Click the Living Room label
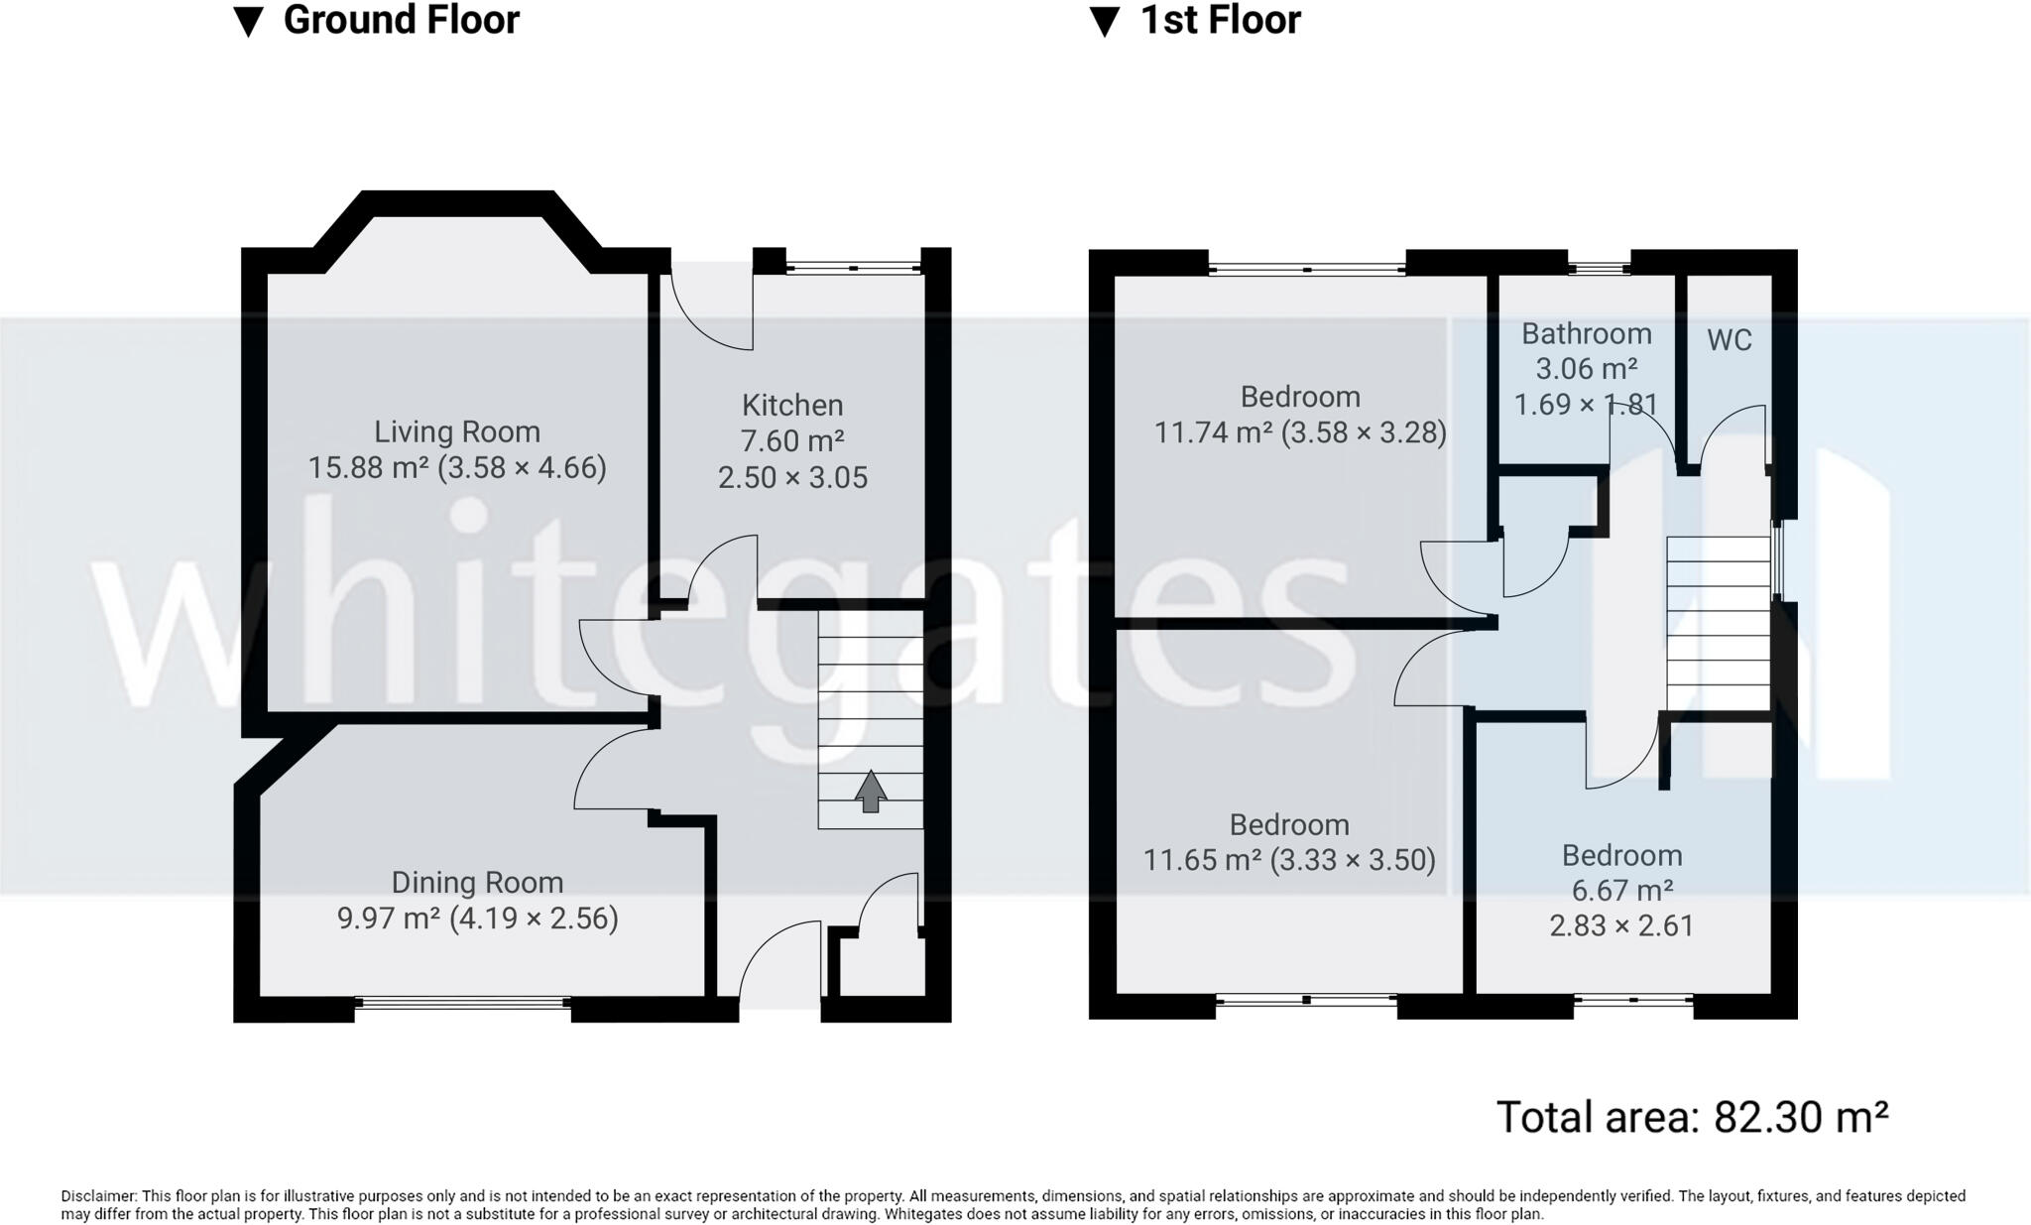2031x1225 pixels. (x=456, y=431)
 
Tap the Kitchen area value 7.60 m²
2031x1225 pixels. (x=791, y=440)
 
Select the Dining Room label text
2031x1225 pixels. (x=477, y=882)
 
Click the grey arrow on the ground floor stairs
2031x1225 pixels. (x=870, y=792)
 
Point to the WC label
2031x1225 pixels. (x=1730, y=340)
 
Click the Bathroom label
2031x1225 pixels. (x=1587, y=333)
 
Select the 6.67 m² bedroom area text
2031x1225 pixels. (x=1621, y=890)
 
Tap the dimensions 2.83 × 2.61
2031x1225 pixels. (x=1621, y=925)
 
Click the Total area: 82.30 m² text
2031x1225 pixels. (x=1691, y=1117)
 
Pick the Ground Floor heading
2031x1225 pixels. (x=401, y=20)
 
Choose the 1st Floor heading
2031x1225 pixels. (x=1220, y=20)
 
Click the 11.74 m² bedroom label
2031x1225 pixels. (x=1299, y=397)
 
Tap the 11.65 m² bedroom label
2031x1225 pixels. (x=1289, y=825)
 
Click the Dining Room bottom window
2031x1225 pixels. (x=462, y=1004)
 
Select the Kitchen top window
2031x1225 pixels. (x=853, y=266)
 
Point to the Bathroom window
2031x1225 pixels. (x=1599, y=266)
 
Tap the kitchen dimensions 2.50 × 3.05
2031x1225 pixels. (x=792, y=477)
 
